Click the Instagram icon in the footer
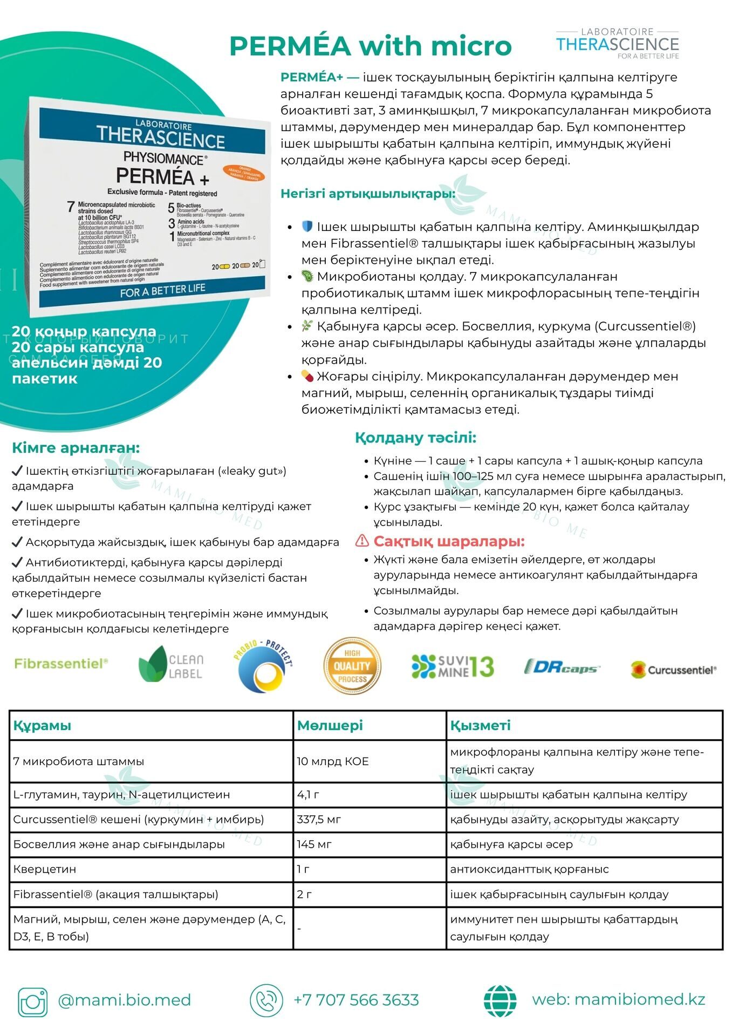(x=33, y=1002)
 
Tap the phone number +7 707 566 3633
(x=356, y=1000)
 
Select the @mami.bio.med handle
(x=124, y=1000)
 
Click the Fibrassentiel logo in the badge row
(x=61, y=664)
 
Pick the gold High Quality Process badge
(x=352, y=666)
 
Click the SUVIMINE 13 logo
(x=452, y=666)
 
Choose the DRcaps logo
(x=562, y=667)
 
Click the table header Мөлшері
(x=330, y=725)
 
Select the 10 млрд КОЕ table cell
(x=333, y=761)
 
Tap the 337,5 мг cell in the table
(x=319, y=819)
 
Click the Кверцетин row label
(x=45, y=869)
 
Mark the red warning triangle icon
(x=362, y=541)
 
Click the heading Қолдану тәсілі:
(x=415, y=438)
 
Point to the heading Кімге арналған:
(x=76, y=448)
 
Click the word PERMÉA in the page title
(x=290, y=46)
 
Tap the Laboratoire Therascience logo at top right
(x=617, y=44)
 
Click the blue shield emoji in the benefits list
(x=307, y=226)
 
